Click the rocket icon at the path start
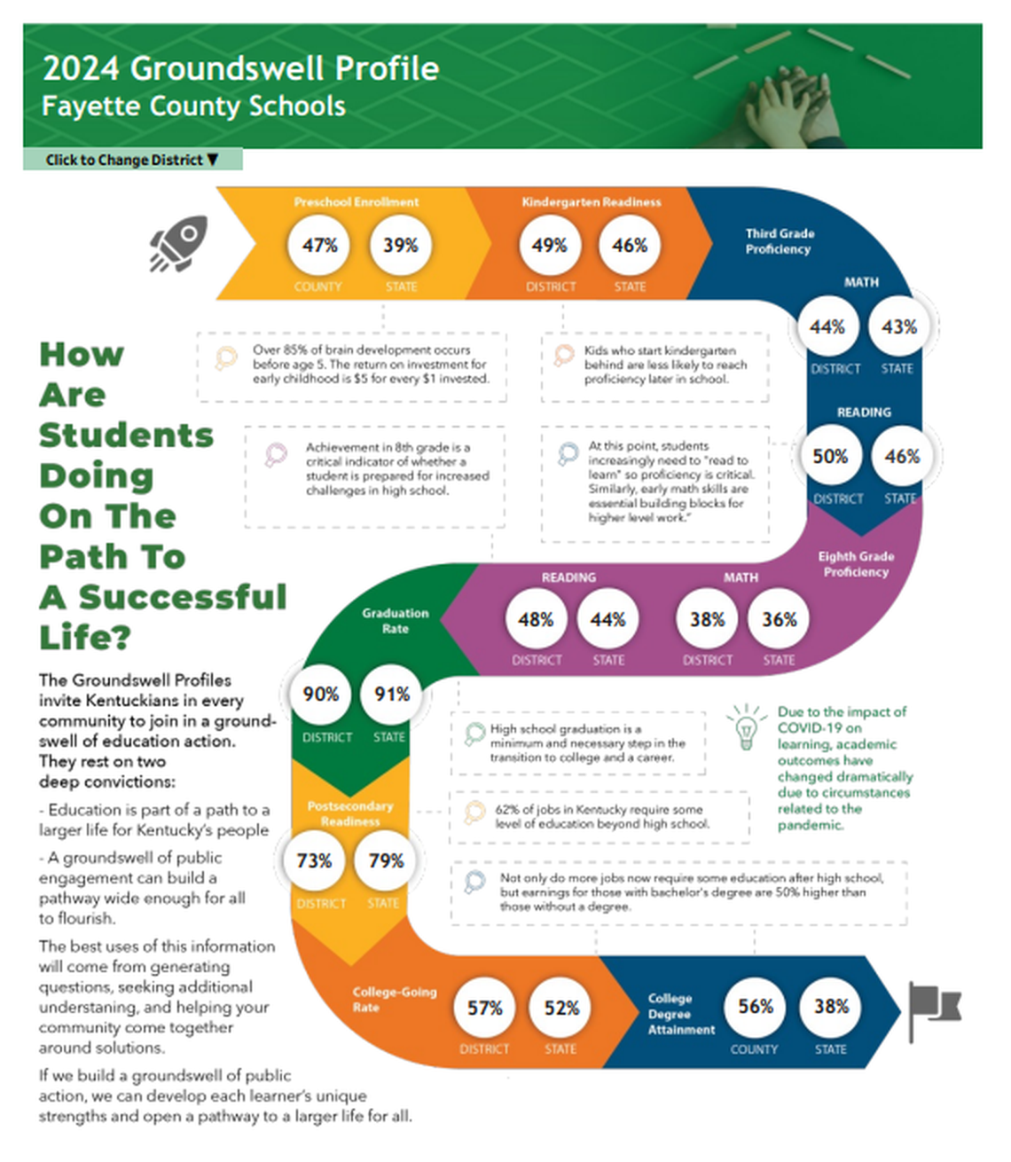point(179,242)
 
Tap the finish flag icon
point(933,1009)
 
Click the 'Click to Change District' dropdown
point(132,160)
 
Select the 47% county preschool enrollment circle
point(319,245)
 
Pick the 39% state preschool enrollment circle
point(400,245)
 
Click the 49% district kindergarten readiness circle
point(549,245)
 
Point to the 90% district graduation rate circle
point(320,695)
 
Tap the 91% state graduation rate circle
point(391,695)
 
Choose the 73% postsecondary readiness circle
point(314,860)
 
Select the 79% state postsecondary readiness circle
point(386,860)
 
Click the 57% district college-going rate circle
point(485,1008)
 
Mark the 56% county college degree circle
point(756,1006)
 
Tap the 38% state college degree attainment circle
point(831,1006)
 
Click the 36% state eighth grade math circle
point(779,619)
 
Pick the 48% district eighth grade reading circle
point(536,619)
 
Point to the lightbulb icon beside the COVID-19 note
point(746,726)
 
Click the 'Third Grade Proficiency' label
point(779,241)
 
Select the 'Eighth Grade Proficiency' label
point(855,564)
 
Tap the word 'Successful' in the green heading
point(183,597)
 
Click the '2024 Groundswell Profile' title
point(240,68)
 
